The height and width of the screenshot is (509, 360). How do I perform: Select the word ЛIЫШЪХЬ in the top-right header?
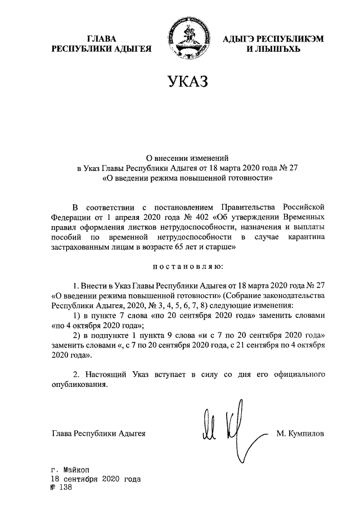pyautogui.click(x=274, y=49)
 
